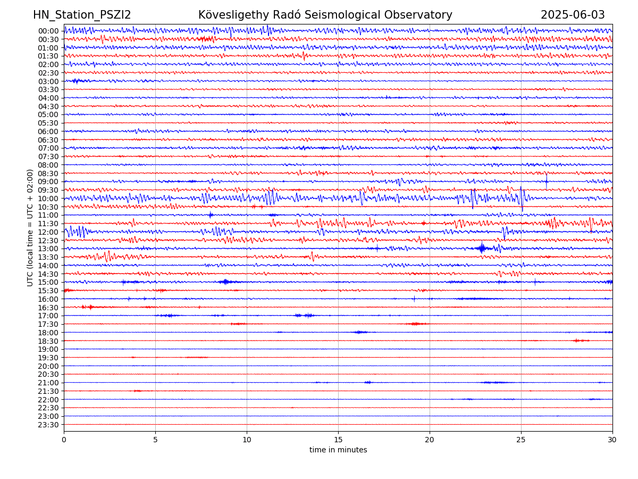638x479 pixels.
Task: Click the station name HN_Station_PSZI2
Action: [82, 15]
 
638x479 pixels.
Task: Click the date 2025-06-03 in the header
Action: [573, 15]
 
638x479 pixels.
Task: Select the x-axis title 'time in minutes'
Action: [338, 450]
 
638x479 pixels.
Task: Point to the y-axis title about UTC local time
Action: [30, 227]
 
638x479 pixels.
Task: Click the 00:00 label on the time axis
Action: [48, 31]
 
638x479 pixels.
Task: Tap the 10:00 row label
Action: [48, 199]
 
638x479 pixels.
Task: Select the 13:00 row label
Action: [48, 249]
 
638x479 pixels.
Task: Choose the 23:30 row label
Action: [48, 425]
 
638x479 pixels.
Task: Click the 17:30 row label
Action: [48, 324]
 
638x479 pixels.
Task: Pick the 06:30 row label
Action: [48, 140]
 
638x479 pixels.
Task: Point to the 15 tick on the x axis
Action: [338, 440]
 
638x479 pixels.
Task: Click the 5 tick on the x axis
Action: [155, 440]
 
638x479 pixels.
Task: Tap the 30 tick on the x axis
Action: [612, 440]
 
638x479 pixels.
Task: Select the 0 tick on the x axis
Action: [64, 440]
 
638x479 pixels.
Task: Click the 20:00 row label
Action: [48, 366]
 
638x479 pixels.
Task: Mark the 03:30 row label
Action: [48, 89]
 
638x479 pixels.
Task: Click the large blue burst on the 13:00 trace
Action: [482, 248]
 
